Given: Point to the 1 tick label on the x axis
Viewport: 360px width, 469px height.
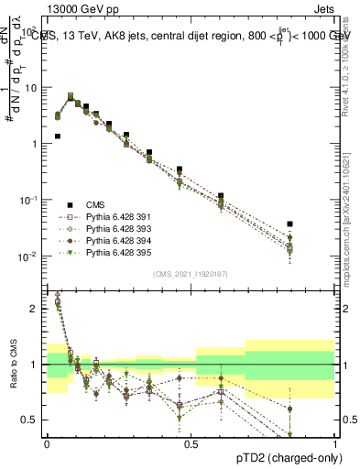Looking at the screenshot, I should coord(335,444).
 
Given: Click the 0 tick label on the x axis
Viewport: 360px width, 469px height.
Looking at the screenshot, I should coord(46,444).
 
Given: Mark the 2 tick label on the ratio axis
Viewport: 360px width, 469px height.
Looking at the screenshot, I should coord(35,309).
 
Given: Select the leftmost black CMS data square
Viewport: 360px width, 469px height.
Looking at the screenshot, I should coord(58,136).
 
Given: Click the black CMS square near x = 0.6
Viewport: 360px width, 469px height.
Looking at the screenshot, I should coord(221,196).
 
